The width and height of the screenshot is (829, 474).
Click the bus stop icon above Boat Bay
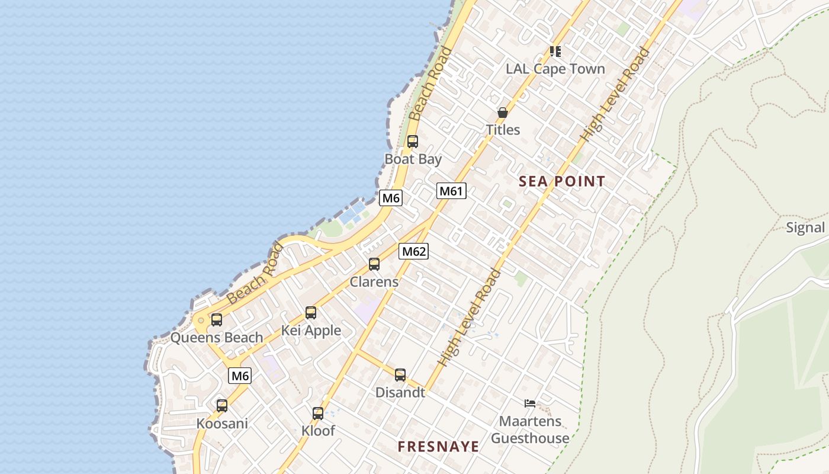pyautogui.click(x=413, y=142)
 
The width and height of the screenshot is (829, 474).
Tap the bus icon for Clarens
pyautogui.click(x=374, y=264)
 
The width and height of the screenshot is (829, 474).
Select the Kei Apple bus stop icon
pyautogui.click(x=311, y=313)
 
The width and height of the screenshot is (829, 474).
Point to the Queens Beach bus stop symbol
pyautogui.click(x=217, y=320)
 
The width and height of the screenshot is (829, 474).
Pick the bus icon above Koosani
pyautogui.click(x=222, y=406)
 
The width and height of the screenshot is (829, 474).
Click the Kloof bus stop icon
pyautogui.click(x=318, y=414)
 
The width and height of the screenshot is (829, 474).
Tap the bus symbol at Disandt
pyautogui.click(x=400, y=375)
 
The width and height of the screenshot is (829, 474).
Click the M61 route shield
pyautogui.click(x=452, y=191)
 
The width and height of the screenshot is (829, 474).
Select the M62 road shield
pyautogui.click(x=413, y=251)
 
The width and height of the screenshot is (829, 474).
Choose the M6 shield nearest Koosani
pyautogui.click(x=240, y=376)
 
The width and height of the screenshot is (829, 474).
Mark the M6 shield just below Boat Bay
pyautogui.click(x=391, y=198)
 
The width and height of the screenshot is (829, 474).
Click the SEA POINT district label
pyautogui.click(x=562, y=182)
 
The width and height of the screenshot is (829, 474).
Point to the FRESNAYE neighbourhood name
pyautogui.click(x=438, y=447)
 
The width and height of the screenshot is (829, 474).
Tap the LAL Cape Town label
pyautogui.click(x=555, y=69)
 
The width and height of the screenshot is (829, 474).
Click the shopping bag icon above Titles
pyautogui.click(x=503, y=113)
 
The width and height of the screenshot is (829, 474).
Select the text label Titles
pyautogui.click(x=503, y=130)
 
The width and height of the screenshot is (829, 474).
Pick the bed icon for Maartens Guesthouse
pyautogui.click(x=530, y=404)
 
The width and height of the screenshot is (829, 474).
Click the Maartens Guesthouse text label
pyautogui.click(x=530, y=430)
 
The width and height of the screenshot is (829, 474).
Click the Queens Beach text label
pyautogui.click(x=217, y=338)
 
